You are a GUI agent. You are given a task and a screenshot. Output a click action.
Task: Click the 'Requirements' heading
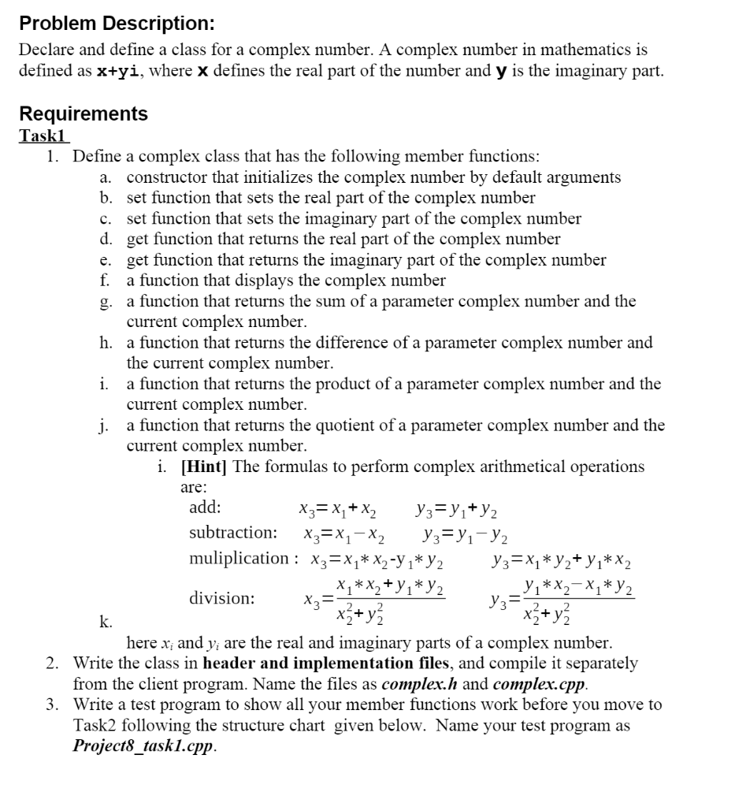point(83,113)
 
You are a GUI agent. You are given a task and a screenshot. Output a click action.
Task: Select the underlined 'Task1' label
point(44,135)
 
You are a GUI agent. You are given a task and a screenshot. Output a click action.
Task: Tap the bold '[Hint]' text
point(203,467)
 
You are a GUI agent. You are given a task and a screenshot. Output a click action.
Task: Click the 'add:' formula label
point(205,508)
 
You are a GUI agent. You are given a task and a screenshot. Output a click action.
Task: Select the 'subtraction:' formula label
point(232,533)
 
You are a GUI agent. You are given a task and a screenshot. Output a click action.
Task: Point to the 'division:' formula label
point(221,598)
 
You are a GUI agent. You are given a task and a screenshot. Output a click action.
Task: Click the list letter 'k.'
point(105,622)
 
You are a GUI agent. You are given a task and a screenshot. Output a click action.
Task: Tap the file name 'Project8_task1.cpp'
point(143,746)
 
